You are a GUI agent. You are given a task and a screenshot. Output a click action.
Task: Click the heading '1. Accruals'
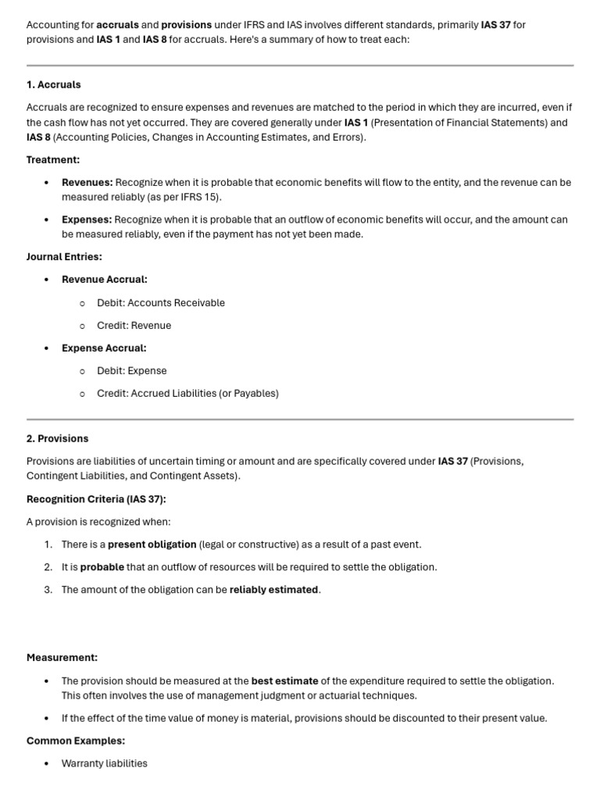click(54, 84)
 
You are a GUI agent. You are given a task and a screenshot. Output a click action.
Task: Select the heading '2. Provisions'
click(58, 438)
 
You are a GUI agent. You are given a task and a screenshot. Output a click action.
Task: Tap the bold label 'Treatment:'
click(53, 159)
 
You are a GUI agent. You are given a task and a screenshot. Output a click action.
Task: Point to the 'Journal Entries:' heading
click(64, 256)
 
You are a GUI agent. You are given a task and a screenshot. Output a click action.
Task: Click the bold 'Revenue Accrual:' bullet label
click(105, 279)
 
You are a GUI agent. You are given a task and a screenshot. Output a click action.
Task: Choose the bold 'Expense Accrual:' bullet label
click(104, 348)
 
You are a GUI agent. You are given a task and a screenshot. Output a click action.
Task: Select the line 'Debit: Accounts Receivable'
click(161, 302)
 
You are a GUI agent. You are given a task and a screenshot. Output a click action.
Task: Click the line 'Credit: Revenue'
click(134, 325)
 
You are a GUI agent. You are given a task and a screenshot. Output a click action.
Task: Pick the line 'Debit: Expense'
click(131, 370)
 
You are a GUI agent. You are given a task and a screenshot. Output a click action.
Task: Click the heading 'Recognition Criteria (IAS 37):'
click(96, 499)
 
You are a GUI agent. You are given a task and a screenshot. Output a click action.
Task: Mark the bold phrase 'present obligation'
click(152, 544)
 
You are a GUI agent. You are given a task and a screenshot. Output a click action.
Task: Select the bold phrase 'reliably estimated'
click(273, 589)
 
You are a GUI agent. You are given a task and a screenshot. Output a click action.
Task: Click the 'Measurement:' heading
click(62, 658)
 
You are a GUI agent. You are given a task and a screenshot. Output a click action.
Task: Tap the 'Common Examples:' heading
click(76, 741)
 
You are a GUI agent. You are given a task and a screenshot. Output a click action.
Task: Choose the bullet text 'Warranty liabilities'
click(105, 763)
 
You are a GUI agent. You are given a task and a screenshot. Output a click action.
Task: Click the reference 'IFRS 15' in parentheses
click(198, 197)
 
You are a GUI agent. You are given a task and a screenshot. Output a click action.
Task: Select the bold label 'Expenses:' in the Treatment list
click(87, 220)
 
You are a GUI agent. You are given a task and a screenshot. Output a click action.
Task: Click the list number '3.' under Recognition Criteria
click(48, 589)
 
